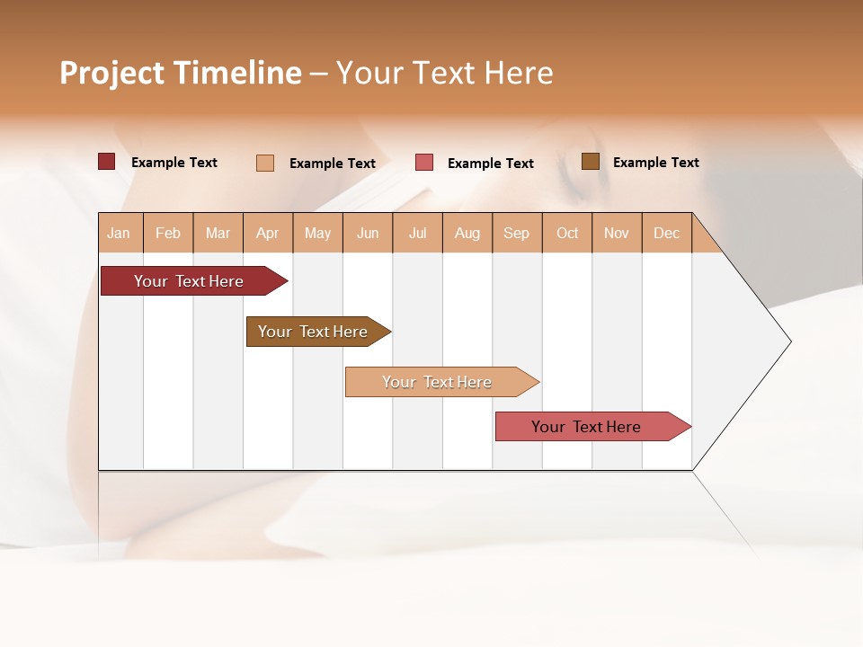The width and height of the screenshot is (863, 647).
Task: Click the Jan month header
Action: [120, 233]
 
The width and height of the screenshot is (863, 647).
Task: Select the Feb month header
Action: [168, 233]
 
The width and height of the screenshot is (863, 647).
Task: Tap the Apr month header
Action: [268, 233]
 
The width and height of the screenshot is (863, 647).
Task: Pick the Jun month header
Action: [368, 233]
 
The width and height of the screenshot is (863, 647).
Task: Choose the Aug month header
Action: [467, 233]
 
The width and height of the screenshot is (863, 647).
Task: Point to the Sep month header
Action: [517, 233]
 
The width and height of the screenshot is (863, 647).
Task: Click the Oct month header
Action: [567, 233]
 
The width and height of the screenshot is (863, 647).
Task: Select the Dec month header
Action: [667, 233]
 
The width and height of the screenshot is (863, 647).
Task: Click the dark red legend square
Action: [107, 162]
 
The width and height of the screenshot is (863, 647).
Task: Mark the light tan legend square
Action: [265, 163]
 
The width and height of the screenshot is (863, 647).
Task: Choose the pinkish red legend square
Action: [424, 163]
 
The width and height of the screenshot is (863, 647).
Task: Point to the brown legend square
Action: [591, 162]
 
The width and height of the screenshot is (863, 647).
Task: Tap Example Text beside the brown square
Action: [655, 163]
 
